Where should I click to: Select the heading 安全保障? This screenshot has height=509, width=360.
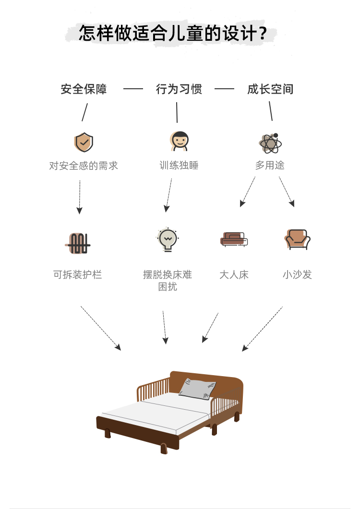[x=84, y=89]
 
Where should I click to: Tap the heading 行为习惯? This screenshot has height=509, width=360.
[x=179, y=89]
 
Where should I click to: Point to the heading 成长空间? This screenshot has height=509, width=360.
[x=270, y=89]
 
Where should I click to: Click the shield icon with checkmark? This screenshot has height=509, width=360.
[x=84, y=142]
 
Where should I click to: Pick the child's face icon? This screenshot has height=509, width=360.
[x=180, y=141]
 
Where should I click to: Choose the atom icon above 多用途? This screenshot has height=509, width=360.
[x=270, y=143]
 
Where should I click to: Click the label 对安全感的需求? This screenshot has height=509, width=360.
[x=84, y=166]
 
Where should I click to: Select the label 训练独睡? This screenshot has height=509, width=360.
[x=179, y=166]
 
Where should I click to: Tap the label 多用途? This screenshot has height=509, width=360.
[x=270, y=166]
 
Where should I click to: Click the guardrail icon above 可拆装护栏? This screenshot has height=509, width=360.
[x=78, y=243]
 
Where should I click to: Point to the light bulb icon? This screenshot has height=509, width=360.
[x=168, y=239]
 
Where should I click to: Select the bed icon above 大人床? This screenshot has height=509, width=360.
[x=234, y=239]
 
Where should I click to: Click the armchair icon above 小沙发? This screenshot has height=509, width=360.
[x=298, y=239]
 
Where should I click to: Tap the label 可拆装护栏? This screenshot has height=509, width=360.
[x=78, y=275]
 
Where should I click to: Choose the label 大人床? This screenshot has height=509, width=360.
[x=234, y=275]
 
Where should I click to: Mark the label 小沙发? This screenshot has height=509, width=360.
[x=297, y=275]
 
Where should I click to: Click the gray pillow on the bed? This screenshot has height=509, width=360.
[x=197, y=388]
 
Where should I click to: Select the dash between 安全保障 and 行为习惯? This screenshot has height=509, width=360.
[x=133, y=89]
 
